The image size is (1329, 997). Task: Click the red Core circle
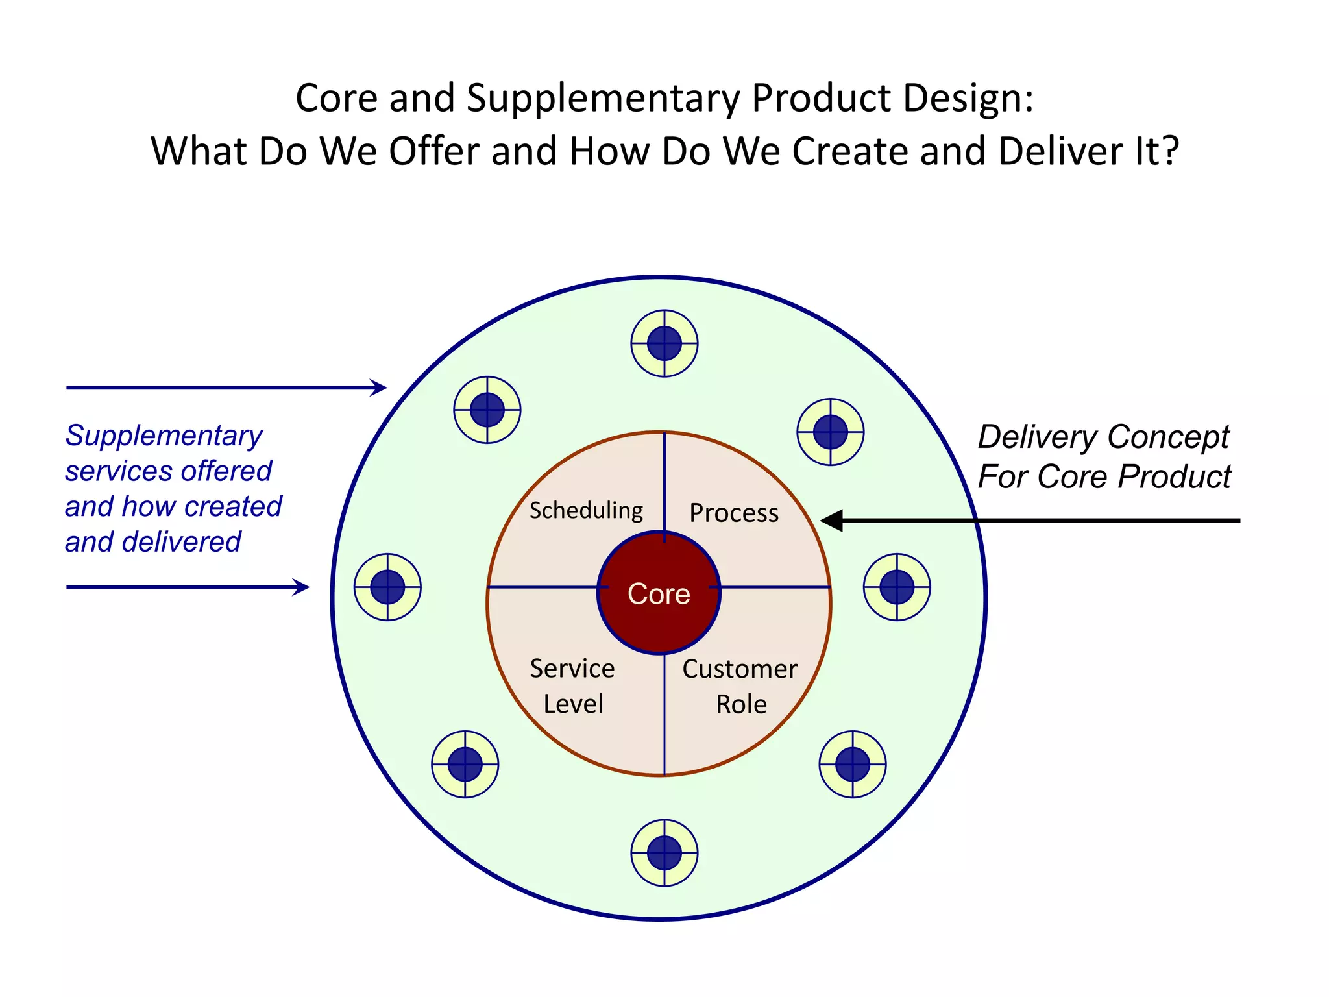click(x=659, y=593)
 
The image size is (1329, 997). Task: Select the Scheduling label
click(x=586, y=510)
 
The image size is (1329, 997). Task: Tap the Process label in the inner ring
click(x=734, y=513)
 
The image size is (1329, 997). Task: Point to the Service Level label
click(x=572, y=686)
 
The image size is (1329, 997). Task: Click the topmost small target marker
click(x=664, y=343)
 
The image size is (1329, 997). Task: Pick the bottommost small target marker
click(x=664, y=853)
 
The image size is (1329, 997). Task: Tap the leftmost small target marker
click(x=387, y=587)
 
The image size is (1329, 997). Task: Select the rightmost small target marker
click(x=897, y=587)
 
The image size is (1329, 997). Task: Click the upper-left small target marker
click(x=487, y=410)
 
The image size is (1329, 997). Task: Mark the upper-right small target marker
click(x=831, y=432)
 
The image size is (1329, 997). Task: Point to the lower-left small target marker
click(x=465, y=765)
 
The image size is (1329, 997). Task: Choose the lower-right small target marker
click(x=853, y=765)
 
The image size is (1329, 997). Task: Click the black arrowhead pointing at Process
click(x=832, y=521)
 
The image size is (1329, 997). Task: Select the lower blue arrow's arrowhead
click(x=302, y=587)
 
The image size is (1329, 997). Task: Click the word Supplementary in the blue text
click(x=164, y=436)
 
